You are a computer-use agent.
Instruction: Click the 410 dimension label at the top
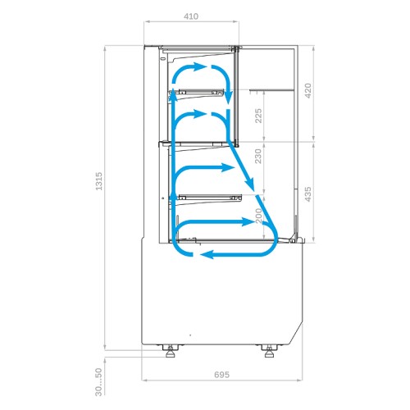(x=191, y=16)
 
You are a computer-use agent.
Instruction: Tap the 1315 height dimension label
(x=98, y=181)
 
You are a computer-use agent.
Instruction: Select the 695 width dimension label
(x=221, y=375)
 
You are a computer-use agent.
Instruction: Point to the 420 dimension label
(x=307, y=91)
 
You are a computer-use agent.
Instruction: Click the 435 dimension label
(x=307, y=194)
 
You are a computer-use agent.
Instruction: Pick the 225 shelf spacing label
(x=258, y=116)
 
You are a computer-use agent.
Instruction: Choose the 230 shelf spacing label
(x=258, y=156)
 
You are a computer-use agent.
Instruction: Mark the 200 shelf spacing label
(x=259, y=216)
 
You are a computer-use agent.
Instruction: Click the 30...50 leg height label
(x=98, y=382)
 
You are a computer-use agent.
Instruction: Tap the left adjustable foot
(x=170, y=351)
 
